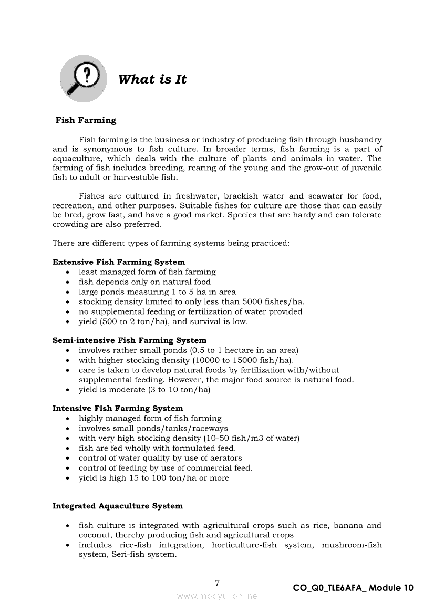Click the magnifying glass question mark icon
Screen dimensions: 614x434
(84, 79)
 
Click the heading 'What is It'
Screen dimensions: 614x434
(152, 79)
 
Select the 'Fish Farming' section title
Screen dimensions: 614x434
(86, 120)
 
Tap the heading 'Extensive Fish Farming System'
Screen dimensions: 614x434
(119, 262)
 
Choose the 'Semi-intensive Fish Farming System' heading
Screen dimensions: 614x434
(129, 340)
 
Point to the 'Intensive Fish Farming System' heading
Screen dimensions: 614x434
(118, 408)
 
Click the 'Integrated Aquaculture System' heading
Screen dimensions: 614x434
(118, 506)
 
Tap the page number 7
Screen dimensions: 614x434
(217, 583)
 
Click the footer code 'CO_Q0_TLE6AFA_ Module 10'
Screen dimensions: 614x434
(353, 588)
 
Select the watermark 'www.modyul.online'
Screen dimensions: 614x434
(217, 596)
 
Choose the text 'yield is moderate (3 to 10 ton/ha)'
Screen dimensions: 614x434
(144, 390)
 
